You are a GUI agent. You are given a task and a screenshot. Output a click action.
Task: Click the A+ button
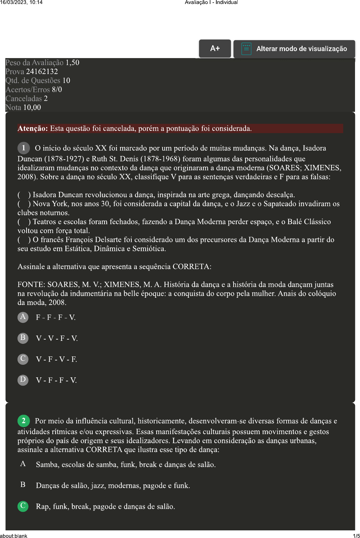[215, 48]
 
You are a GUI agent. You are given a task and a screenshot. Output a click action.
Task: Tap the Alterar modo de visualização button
[294, 49]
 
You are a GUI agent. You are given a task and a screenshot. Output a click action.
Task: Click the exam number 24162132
[42, 72]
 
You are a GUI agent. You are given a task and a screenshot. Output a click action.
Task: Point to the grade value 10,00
[32, 108]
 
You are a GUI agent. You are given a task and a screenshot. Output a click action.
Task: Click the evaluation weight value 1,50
[72, 63]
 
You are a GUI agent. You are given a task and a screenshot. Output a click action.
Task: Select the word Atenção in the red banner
[33, 129]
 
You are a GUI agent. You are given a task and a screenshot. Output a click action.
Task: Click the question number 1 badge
[24, 148]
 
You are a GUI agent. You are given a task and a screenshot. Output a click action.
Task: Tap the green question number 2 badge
[24, 421]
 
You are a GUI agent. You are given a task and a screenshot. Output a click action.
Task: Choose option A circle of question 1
[23, 317]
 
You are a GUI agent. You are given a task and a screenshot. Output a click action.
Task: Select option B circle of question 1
[23, 338]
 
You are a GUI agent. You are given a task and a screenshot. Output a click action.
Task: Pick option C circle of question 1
[23, 359]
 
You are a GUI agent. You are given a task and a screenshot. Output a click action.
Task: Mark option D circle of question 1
[23, 380]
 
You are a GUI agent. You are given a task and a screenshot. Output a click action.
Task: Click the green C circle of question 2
[23, 506]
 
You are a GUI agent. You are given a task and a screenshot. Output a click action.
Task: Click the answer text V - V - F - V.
[57, 339]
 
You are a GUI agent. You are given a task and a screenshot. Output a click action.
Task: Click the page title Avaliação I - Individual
[211, 2]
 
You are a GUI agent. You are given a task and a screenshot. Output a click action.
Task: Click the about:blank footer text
[14, 536]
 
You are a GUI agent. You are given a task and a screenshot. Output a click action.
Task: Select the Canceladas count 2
[46, 99]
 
